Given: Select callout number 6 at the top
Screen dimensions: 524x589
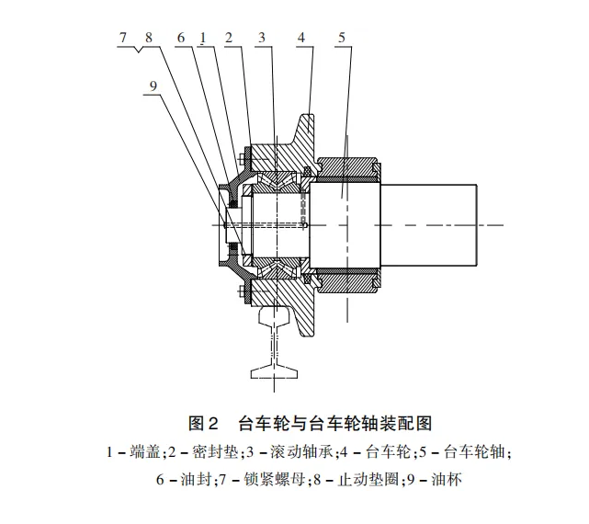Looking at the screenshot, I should (x=182, y=38).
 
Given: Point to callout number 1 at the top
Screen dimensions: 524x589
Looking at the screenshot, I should (x=202, y=38).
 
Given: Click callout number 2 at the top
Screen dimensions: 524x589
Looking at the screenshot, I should (x=228, y=38).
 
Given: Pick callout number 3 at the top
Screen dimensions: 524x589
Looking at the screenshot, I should (x=262, y=38).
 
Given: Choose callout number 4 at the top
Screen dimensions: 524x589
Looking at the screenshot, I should (x=300, y=38).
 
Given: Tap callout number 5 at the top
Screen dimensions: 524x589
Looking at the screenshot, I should (x=341, y=38).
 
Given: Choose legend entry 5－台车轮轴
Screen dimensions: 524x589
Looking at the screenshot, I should (x=467, y=452).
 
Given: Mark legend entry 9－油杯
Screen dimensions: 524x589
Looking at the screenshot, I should (x=431, y=479).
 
